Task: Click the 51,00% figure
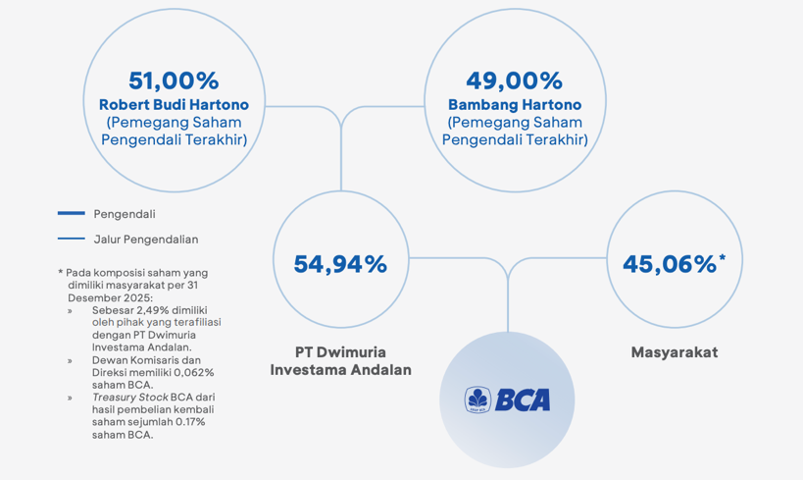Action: tap(174, 80)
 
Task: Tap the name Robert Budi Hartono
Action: tap(174, 105)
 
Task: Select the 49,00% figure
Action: tap(515, 80)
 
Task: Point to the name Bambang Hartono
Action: tap(515, 105)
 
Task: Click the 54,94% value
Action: tap(340, 264)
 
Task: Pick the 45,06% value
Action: tap(670, 264)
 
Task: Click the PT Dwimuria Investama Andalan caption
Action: tap(340, 361)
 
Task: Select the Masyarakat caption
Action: tap(675, 352)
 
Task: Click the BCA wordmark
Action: tap(523, 400)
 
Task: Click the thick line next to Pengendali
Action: tap(72, 213)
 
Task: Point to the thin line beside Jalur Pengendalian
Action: tap(72, 239)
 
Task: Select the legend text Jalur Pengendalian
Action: tap(146, 240)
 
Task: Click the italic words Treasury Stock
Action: tap(130, 398)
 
